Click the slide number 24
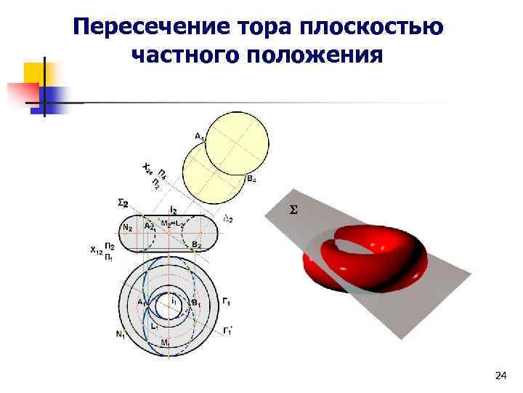click(500, 376)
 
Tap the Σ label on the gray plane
click(293, 210)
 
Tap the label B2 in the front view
click(196, 246)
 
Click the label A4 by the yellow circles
click(198, 135)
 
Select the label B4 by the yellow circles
click(251, 178)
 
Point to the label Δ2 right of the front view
click(226, 218)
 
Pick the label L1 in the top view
click(155, 327)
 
